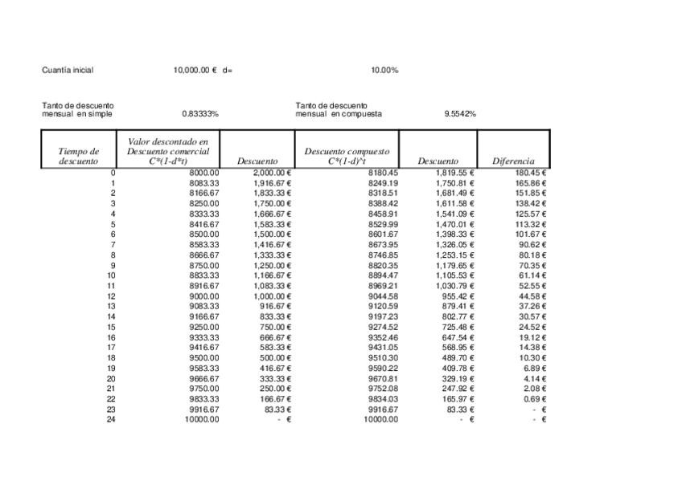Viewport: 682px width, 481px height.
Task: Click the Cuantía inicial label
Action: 68,70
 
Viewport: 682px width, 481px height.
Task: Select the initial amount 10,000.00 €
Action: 195,70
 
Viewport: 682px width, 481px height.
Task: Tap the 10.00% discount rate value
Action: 384,70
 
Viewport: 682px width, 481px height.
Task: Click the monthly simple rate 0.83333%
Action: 200,113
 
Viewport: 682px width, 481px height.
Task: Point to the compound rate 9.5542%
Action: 460,113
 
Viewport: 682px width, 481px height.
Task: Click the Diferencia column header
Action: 513,161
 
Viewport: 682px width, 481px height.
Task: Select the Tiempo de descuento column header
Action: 79,156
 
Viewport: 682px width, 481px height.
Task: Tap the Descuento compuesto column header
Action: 347,156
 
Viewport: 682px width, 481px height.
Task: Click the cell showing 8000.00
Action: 203,173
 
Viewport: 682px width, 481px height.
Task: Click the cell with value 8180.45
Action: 383,173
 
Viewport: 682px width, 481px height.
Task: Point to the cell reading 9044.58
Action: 383,296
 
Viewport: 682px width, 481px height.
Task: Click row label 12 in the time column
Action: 111,296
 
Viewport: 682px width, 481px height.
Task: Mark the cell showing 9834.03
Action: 383,398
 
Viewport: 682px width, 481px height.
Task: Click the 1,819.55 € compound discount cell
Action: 455,173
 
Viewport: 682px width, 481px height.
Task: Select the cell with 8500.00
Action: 203,234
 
